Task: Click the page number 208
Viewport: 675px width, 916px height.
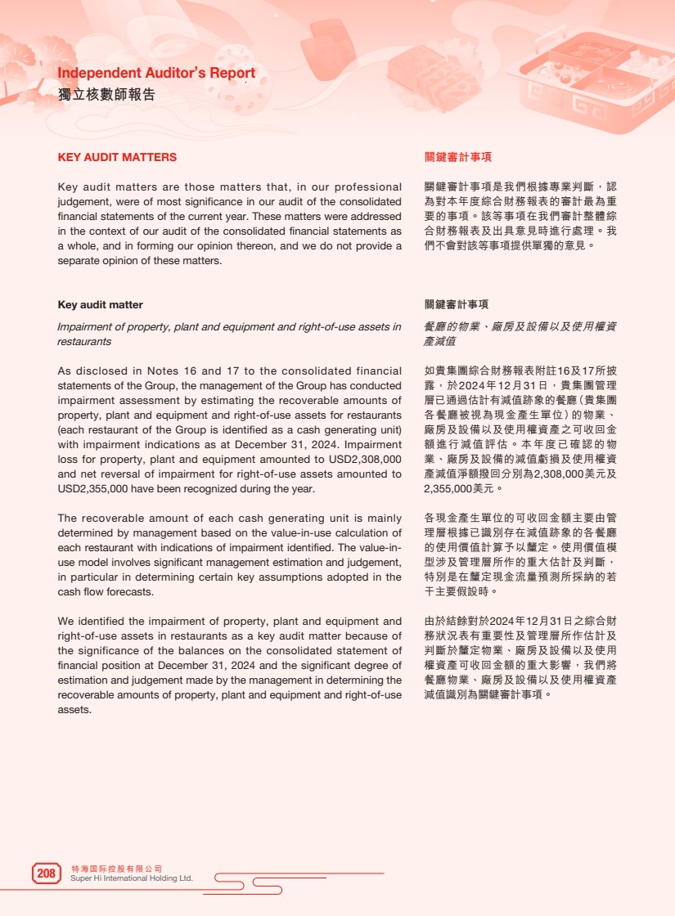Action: [46, 873]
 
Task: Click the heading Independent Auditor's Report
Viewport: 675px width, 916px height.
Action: [156, 73]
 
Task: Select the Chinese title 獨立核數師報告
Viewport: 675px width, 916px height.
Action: [106, 94]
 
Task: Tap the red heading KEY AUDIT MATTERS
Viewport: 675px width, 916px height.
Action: [117, 157]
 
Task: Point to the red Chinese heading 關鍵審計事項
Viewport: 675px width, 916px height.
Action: [457, 157]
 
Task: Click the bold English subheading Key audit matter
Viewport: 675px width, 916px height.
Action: [100, 304]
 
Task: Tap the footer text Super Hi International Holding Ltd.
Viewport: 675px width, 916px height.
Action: [132, 878]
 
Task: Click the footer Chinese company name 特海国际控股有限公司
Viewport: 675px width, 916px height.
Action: [117, 868]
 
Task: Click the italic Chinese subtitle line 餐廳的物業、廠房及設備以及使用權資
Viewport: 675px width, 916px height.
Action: [520, 326]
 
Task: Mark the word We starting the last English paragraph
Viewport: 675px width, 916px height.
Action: [66, 622]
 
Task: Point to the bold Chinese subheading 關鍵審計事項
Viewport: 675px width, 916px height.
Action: [457, 304]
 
